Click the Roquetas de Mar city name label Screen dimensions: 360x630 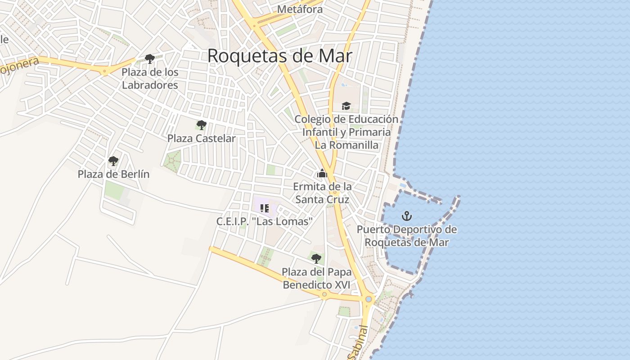click(x=279, y=56)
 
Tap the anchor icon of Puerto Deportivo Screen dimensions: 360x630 click(x=407, y=216)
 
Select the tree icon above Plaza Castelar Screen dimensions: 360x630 click(x=201, y=125)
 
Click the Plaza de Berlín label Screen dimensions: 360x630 click(x=113, y=174)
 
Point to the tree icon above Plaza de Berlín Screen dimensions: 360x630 click(x=113, y=161)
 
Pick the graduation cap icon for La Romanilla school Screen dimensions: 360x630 click(x=346, y=106)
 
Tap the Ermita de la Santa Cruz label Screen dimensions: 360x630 click(x=322, y=193)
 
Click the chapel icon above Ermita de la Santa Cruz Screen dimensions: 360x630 click(x=322, y=173)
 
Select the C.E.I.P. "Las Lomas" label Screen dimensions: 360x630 click(x=265, y=221)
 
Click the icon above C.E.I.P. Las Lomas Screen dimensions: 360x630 click(x=265, y=208)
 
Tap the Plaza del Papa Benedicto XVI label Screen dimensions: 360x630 click(x=317, y=278)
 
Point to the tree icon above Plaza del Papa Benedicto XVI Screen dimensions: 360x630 click(x=316, y=258)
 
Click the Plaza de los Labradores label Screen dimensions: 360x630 click(x=150, y=78)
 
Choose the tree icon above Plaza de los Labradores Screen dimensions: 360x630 click(x=150, y=58)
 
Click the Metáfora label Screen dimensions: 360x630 click(x=300, y=9)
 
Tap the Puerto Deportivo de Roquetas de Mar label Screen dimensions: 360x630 click(x=407, y=236)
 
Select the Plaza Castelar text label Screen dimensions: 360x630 click(x=201, y=139)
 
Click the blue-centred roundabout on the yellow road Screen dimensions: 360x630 click(x=369, y=299)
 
